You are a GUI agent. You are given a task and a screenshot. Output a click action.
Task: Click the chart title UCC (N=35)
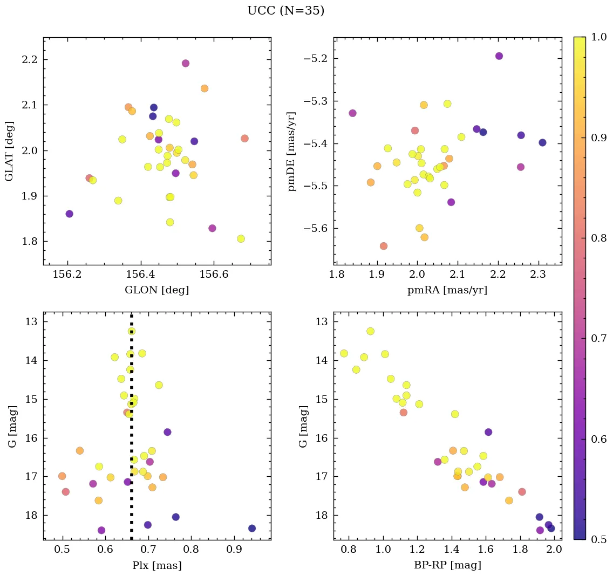click(285, 11)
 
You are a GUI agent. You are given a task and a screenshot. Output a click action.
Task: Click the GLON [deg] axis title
click(156, 290)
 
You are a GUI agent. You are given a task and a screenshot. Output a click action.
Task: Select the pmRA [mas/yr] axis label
click(447, 290)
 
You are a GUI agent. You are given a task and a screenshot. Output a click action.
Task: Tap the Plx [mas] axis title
click(156, 565)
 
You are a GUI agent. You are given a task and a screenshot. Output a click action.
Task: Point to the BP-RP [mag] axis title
click(447, 565)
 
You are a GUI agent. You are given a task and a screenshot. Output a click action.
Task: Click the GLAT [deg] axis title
click(9, 151)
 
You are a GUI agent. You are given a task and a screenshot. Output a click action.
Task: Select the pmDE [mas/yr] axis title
click(292, 151)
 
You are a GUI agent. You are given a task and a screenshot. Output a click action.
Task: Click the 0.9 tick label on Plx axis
click(234, 550)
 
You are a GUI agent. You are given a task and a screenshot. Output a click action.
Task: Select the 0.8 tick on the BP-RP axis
click(349, 550)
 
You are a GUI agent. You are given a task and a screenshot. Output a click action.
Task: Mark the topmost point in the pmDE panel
click(499, 56)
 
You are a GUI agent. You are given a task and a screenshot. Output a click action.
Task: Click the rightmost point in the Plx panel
click(251, 528)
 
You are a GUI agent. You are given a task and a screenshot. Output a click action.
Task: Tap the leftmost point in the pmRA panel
click(352, 113)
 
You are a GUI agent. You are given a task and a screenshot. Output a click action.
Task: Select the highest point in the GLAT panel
click(186, 63)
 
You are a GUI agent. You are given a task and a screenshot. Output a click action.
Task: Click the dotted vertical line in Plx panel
click(131, 431)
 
